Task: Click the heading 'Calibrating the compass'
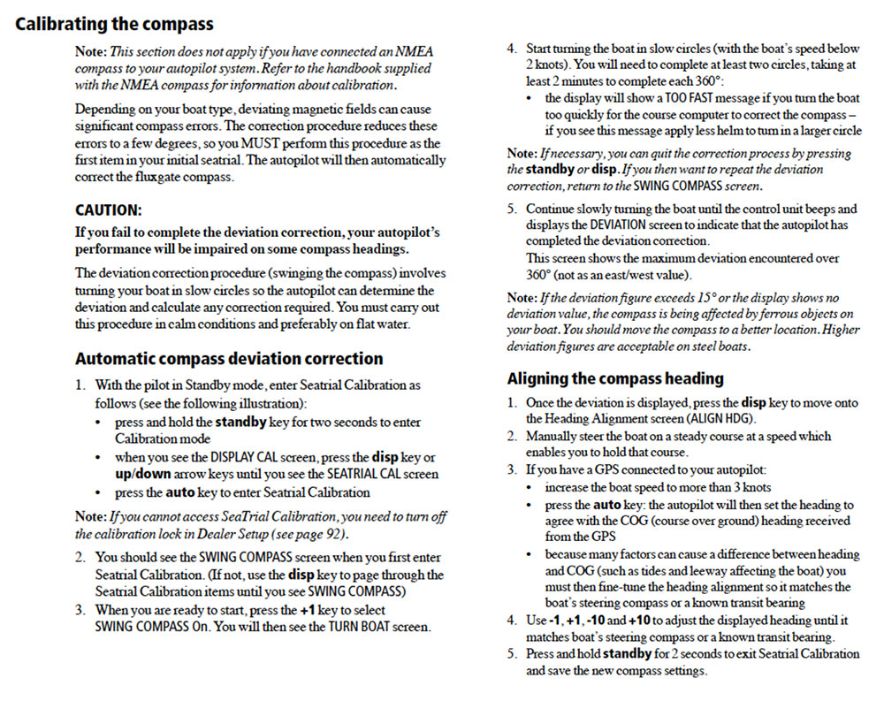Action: coord(114,24)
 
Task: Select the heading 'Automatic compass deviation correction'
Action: coord(229,359)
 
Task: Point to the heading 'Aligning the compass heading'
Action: coord(615,378)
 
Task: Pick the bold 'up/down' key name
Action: coord(143,474)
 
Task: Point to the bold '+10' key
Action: coord(639,621)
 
